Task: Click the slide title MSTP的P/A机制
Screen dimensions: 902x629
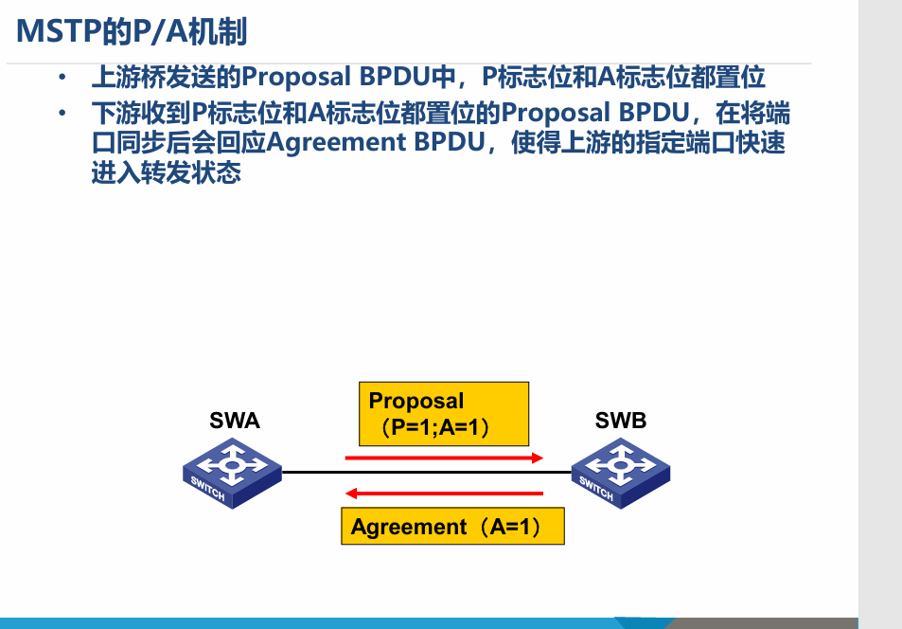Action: pyautogui.click(x=132, y=31)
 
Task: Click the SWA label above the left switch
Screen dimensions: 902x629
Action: pyautogui.click(x=235, y=421)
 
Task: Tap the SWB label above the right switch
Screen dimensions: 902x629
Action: pyautogui.click(x=621, y=421)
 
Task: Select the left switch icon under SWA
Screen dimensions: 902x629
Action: pyautogui.click(x=233, y=473)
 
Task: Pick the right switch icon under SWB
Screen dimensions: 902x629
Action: pyautogui.click(x=621, y=473)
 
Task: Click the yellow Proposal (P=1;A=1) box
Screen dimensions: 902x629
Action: pyautogui.click(x=444, y=414)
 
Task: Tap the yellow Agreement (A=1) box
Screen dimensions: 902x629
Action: pyautogui.click(x=452, y=526)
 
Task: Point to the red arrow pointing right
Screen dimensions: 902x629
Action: pyautogui.click(x=444, y=458)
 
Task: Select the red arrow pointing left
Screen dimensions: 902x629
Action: pyautogui.click(x=444, y=493)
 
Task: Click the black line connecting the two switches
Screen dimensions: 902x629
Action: pyautogui.click(x=426, y=472)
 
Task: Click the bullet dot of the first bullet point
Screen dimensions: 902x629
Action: pyautogui.click(x=62, y=77)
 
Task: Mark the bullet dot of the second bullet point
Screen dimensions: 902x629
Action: pyautogui.click(x=62, y=113)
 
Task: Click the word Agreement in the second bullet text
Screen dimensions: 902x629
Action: pyautogui.click(x=336, y=142)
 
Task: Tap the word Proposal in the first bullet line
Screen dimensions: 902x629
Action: pyautogui.click(x=295, y=77)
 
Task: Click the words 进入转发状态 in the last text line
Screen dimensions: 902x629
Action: pyautogui.click(x=167, y=172)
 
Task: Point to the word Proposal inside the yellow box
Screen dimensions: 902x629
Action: pyautogui.click(x=416, y=401)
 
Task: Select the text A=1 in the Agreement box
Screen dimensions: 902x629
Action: pyautogui.click(x=509, y=527)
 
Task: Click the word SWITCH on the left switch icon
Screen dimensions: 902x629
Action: pyautogui.click(x=207, y=489)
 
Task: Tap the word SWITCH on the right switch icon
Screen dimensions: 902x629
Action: pyautogui.click(x=596, y=489)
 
